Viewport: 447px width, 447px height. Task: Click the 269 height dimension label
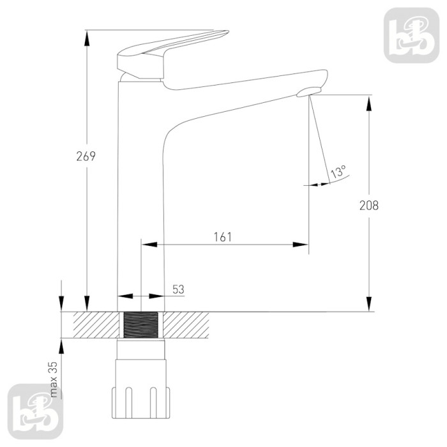(x=86, y=156)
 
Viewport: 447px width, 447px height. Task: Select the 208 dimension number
(x=369, y=205)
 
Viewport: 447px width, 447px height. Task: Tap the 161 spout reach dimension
(x=223, y=237)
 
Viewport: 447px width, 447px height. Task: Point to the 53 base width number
(x=178, y=289)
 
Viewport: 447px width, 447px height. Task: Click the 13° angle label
(x=338, y=172)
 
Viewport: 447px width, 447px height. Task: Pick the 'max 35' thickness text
(x=53, y=379)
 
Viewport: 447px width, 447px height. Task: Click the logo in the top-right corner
(x=411, y=35)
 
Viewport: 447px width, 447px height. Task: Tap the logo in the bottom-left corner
(x=35, y=411)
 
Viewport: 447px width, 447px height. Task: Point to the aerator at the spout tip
(x=309, y=92)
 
